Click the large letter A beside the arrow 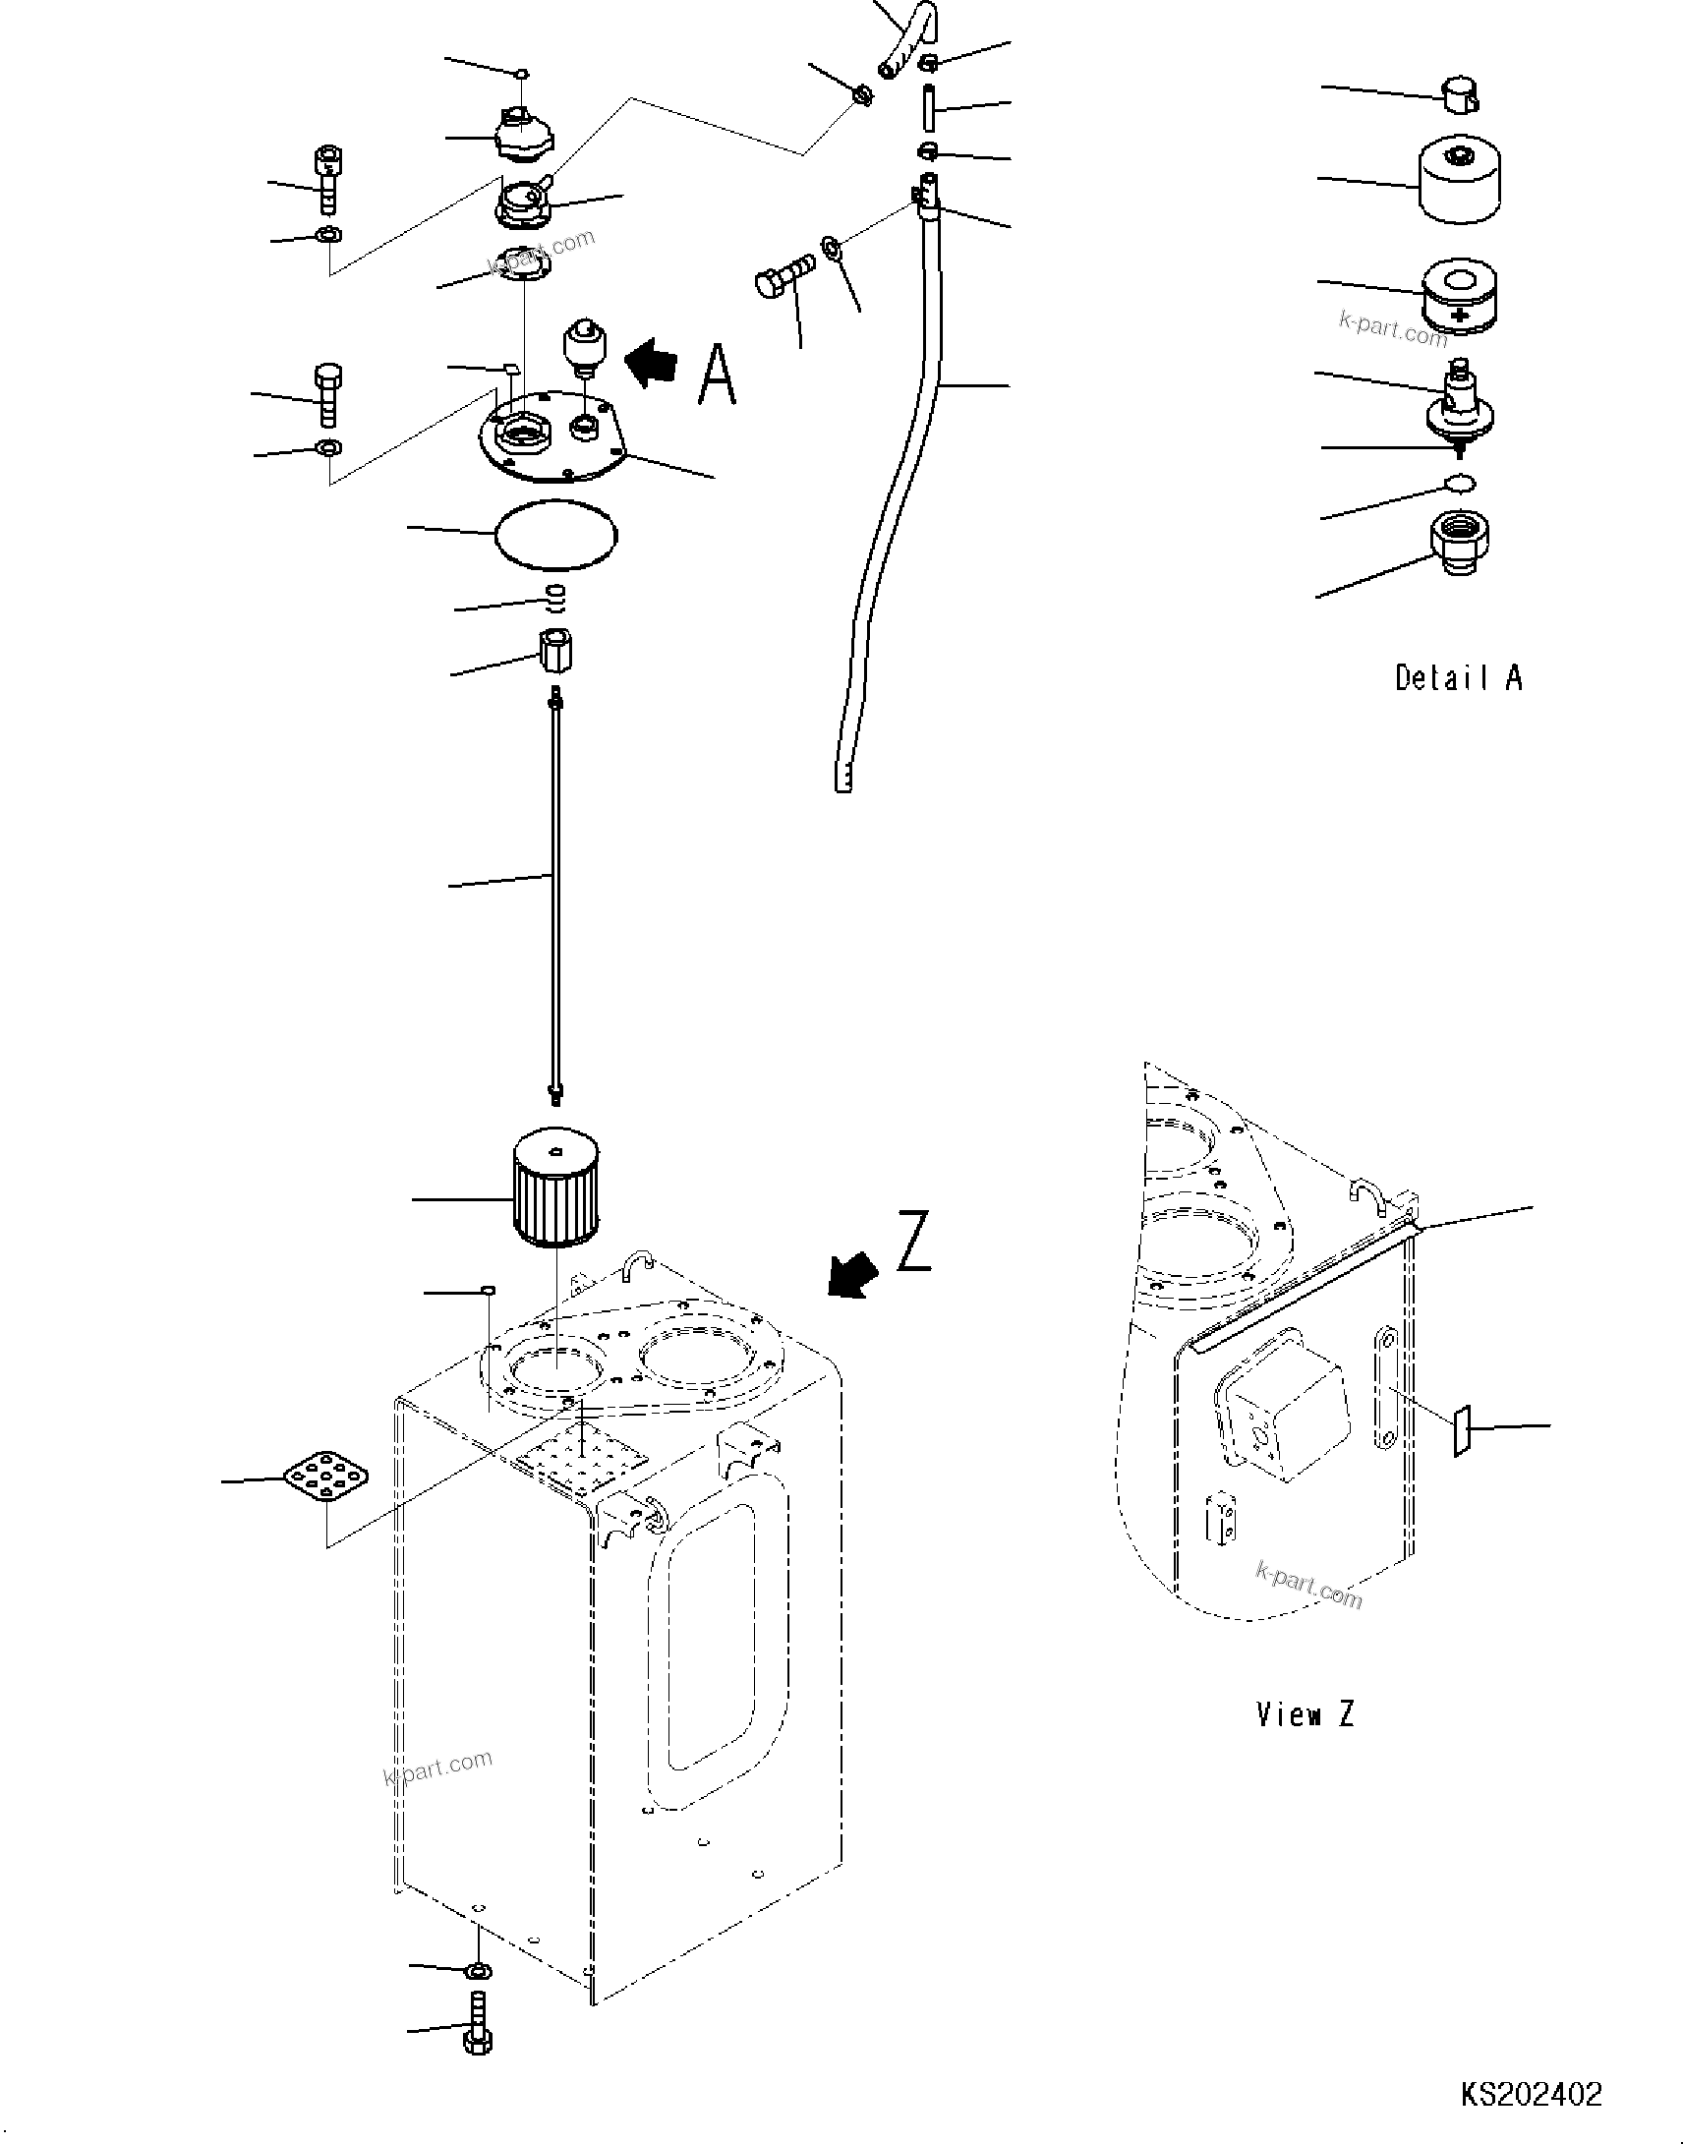click(718, 376)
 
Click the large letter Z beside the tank click(913, 1243)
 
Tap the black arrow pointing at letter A click(653, 363)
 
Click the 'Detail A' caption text click(1458, 678)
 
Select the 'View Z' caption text click(1305, 1714)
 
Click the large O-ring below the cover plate click(556, 535)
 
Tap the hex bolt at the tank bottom click(478, 2024)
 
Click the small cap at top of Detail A click(1461, 94)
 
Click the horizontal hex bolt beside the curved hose click(785, 275)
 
